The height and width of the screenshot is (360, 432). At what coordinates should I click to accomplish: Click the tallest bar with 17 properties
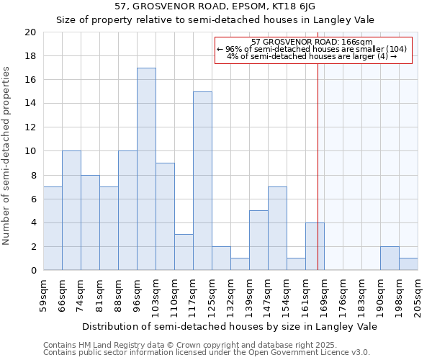point(146,169)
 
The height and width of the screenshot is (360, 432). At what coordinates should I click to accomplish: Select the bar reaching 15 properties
point(202,181)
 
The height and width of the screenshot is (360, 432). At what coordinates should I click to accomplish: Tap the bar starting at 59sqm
point(53,228)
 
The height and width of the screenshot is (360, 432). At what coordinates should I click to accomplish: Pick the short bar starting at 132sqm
point(240,264)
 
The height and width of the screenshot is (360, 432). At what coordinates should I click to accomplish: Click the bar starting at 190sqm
point(390,258)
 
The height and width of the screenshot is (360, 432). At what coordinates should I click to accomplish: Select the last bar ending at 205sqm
point(408,264)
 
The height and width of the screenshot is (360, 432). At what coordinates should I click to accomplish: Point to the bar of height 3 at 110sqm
point(184,252)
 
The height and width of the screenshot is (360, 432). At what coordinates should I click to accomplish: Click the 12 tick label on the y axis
point(30,127)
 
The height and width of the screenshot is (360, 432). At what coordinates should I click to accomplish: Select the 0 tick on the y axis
point(32,271)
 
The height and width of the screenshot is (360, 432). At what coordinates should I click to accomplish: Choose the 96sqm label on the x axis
point(137,292)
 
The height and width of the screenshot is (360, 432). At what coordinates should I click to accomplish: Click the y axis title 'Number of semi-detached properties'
point(7,156)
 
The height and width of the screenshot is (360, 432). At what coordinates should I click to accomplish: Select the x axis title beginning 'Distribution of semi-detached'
point(230,326)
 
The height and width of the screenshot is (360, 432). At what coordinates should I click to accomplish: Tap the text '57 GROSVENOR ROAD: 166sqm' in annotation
point(312,42)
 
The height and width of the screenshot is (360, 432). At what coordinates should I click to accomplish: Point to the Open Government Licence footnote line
point(207,353)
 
